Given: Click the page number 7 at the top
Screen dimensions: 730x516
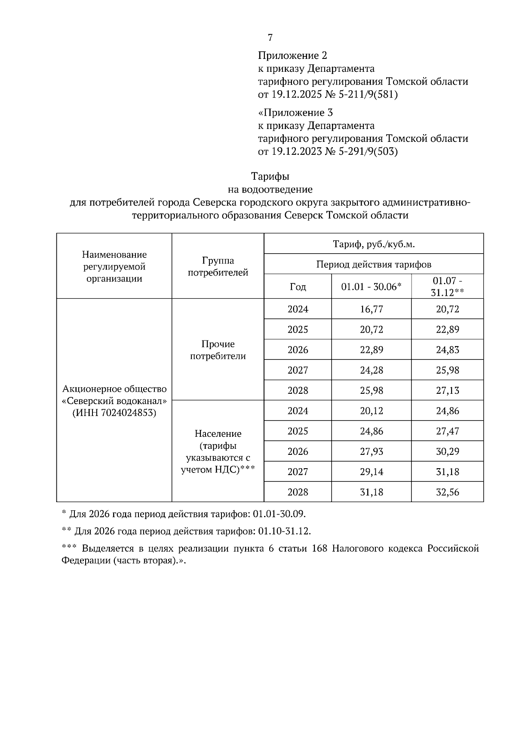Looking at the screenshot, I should click(270, 38).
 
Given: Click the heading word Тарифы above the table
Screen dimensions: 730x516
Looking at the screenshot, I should click(270, 176).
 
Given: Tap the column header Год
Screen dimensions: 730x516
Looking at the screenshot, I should click(298, 287).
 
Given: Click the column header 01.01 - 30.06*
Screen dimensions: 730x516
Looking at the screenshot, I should click(371, 287).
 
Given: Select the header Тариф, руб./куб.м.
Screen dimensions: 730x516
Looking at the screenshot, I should click(374, 244).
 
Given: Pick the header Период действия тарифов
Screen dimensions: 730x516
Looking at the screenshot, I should click(374, 264).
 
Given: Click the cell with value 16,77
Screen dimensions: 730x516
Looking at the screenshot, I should click(371, 309).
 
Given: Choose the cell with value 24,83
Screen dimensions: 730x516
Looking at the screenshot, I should click(447, 350).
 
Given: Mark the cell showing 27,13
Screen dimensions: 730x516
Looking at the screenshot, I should click(447, 390).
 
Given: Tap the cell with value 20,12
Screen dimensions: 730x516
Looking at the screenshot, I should click(371, 411).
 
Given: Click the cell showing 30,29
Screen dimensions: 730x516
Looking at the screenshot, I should click(447, 451).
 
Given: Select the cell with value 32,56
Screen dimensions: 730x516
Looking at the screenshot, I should click(447, 492).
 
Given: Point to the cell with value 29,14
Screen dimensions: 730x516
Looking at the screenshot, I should click(371, 472).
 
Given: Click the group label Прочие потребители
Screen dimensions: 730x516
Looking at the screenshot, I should click(218, 350).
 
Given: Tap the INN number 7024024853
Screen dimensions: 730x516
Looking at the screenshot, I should click(129, 413).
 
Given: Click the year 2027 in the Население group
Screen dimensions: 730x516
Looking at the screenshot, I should click(298, 472).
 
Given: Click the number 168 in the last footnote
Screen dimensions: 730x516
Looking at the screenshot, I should click(320, 549).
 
